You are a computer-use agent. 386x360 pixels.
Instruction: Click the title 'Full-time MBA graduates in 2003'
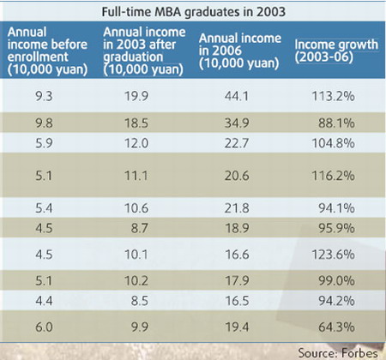pyautogui.click(x=192, y=13)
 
